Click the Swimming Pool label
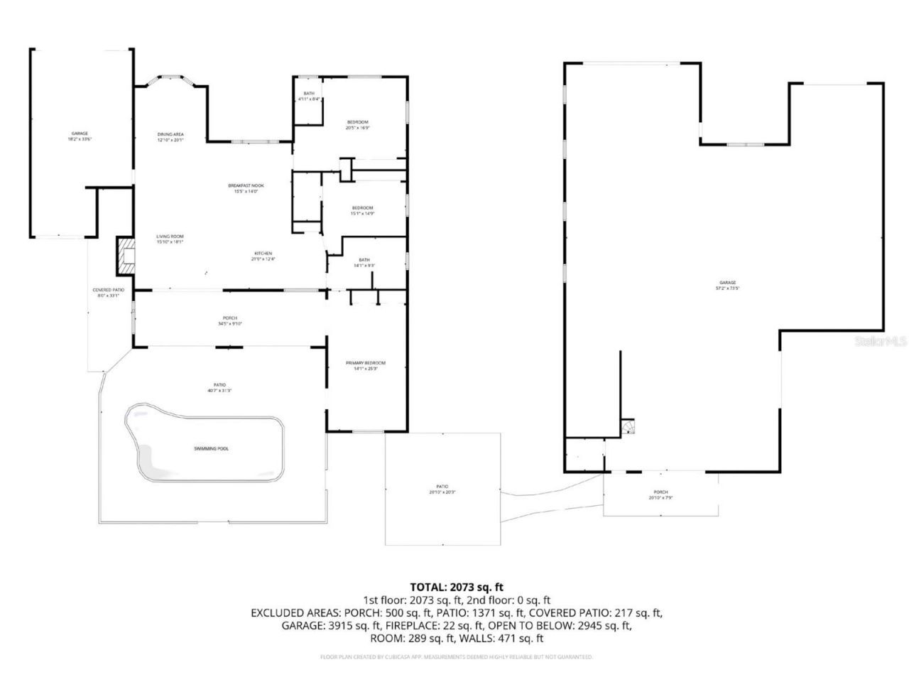[x=212, y=449]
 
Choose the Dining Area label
[x=170, y=137]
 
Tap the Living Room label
[x=170, y=239]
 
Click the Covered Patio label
[x=109, y=292]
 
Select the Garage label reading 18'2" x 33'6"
[x=80, y=136]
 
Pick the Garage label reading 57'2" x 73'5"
[x=726, y=286]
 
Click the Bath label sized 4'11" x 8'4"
[x=309, y=96]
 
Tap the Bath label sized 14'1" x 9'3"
[x=364, y=263]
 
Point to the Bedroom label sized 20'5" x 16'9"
[x=357, y=125]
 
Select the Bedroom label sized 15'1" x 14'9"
[x=362, y=210]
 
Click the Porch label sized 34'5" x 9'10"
[x=230, y=320]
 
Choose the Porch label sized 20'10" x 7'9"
[x=660, y=495]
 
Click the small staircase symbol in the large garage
[x=628, y=426]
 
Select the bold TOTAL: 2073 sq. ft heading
[x=457, y=587]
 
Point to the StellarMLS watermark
[x=881, y=342]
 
